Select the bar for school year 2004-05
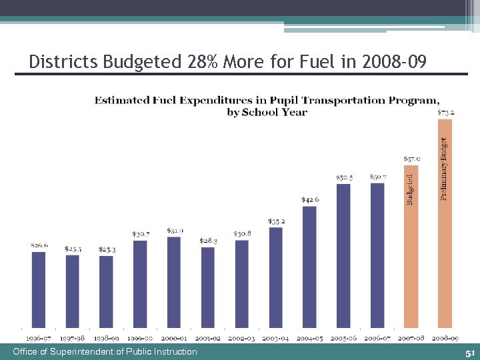point(309,266)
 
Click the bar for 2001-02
point(208,287)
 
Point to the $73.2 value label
point(445,112)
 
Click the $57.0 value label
point(411,159)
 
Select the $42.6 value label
point(309,199)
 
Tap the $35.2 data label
point(276,221)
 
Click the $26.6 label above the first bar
point(39,245)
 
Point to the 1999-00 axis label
point(140,339)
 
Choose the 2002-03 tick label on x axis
point(242,339)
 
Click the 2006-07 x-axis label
point(377,339)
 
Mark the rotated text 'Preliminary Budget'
point(444,167)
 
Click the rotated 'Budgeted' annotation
point(410,189)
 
